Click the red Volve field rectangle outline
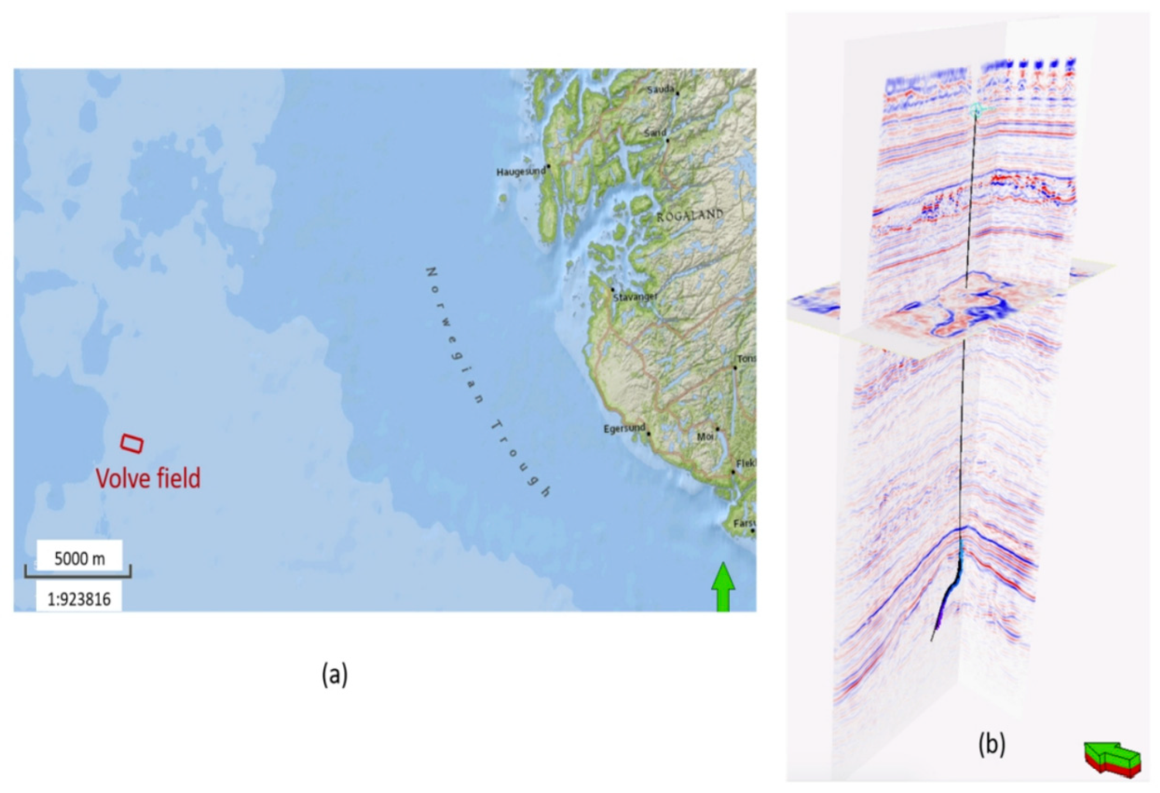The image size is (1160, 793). click(x=132, y=444)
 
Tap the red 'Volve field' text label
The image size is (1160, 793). click(x=148, y=478)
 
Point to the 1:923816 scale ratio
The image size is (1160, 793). click(x=79, y=599)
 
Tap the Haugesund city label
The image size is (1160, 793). click(x=520, y=172)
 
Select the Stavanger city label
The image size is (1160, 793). click(x=635, y=297)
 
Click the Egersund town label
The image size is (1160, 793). click(x=624, y=429)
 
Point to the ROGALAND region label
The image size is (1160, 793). click(x=690, y=216)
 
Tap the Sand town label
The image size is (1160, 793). click(x=655, y=133)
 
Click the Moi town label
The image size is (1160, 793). click(x=705, y=437)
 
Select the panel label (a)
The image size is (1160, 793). click(x=334, y=675)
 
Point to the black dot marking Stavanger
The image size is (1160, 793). click(x=612, y=290)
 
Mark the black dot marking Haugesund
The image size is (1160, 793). click(x=548, y=166)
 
